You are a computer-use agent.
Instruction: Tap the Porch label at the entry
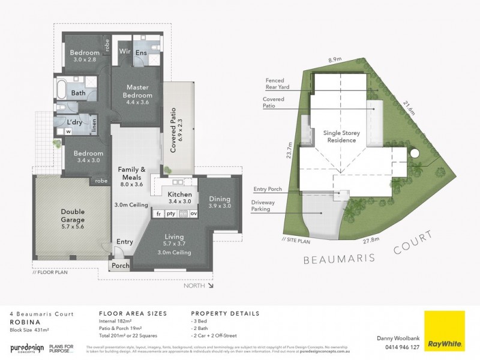click(x=119, y=265)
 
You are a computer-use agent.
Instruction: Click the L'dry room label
click(x=76, y=122)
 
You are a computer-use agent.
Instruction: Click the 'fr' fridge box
click(x=159, y=214)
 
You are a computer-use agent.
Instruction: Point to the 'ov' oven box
click(x=193, y=214)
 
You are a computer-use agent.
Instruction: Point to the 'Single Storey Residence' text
click(x=340, y=136)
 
